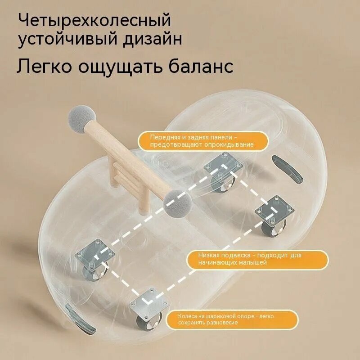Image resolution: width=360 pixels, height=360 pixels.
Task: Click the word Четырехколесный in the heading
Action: [94, 21]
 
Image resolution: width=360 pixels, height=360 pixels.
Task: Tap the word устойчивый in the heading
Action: [68, 39]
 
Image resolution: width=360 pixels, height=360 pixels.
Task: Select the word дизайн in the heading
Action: [153, 39]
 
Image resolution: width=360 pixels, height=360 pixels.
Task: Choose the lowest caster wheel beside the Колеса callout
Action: [149, 310]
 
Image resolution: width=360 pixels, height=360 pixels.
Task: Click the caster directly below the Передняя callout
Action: [223, 172]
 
